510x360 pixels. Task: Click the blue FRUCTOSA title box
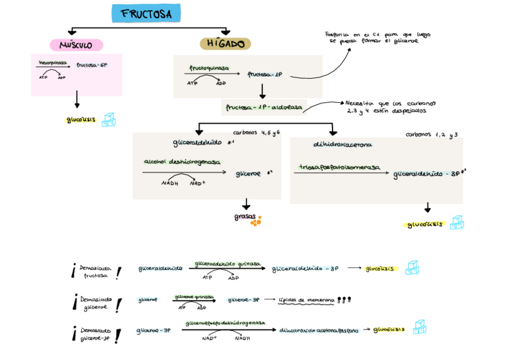[x=146, y=13]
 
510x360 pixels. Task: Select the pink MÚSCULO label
[x=76, y=45]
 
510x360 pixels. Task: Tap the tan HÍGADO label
[x=225, y=44]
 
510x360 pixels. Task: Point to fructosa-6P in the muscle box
[x=91, y=65]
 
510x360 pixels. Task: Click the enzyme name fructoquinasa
[x=209, y=69]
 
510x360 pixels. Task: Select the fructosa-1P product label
[x=265, y=75]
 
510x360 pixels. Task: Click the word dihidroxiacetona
[x=342, y=145]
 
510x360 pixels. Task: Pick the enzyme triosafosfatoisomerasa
[x=340, y=167]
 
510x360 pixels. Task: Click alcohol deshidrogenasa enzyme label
[x=182, y=162]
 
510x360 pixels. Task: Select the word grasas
[x=245, y=218]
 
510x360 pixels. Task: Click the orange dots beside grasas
[x=256, y=221]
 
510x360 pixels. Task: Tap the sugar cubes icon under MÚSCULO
[x=108, y=120]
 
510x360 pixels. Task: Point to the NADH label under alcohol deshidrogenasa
[x=170, y=183]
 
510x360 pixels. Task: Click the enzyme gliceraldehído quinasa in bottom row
[x=227, y=263]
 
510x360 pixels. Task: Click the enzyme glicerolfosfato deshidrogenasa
[x=225, y=323]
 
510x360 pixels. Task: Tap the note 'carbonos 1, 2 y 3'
[x=431, y=135]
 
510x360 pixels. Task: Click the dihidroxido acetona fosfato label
[x=319, y=330]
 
